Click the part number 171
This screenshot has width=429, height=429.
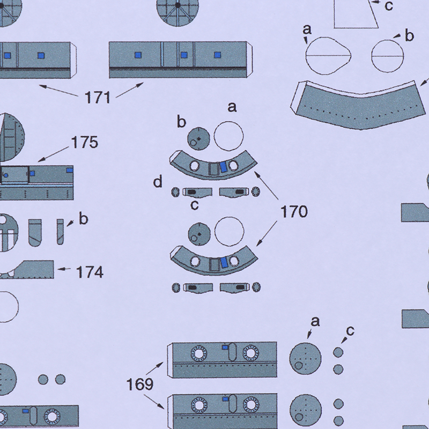(x=98, y=98)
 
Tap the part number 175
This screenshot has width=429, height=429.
(x=85, y=142)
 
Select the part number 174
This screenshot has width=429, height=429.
(x=90, y=272)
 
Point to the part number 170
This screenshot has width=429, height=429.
(x=294, y=212)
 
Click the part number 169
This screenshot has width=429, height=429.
(x=140, y=384)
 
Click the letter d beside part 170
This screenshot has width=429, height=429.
(x=158, y=182)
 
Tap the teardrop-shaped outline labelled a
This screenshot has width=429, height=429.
(x=328, y=56)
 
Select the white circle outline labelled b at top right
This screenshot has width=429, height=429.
(x=387, y=56)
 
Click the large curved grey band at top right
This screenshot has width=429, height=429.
(x=358, y=109)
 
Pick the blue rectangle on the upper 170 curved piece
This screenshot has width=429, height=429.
(x=224, y=167)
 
